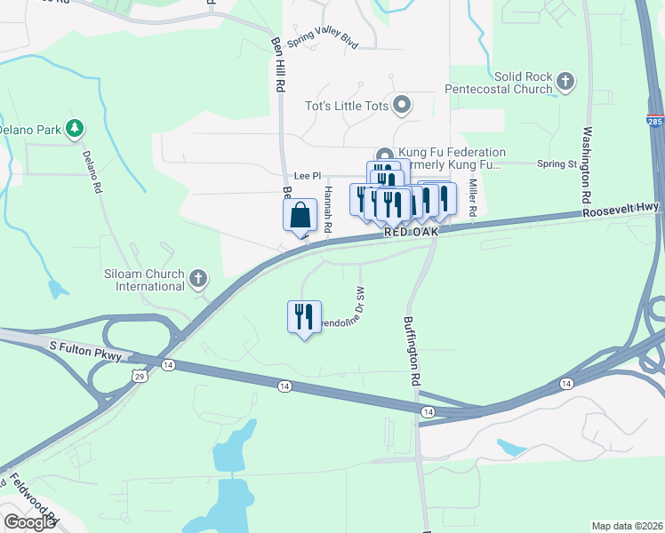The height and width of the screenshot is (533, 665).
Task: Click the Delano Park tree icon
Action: pyautogui.click(x=76, y=129)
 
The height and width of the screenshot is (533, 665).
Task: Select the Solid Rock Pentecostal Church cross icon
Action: pyautogui.click(x=565, y=83)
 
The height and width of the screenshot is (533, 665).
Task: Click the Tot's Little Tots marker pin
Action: pyautogui.click(x=402, y=107)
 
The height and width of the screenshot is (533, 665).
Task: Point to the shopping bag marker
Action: pyautogui.click(x=300, y=215)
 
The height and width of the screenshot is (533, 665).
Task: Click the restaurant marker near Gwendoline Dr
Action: pyautogui.click(x=304, y=317)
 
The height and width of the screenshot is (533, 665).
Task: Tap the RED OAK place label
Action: pyautogui.click(x=413, y=232)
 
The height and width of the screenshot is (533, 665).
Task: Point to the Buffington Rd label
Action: pyautogui.click(x=412, y=351)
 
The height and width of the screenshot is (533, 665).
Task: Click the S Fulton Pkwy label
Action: pyautogui.click(x=84, y=345)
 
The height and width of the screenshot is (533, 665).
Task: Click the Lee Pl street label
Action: pyautogui.click(x=307, y=176)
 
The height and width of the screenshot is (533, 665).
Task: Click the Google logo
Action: pyautogui.click(x=29, y=522)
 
